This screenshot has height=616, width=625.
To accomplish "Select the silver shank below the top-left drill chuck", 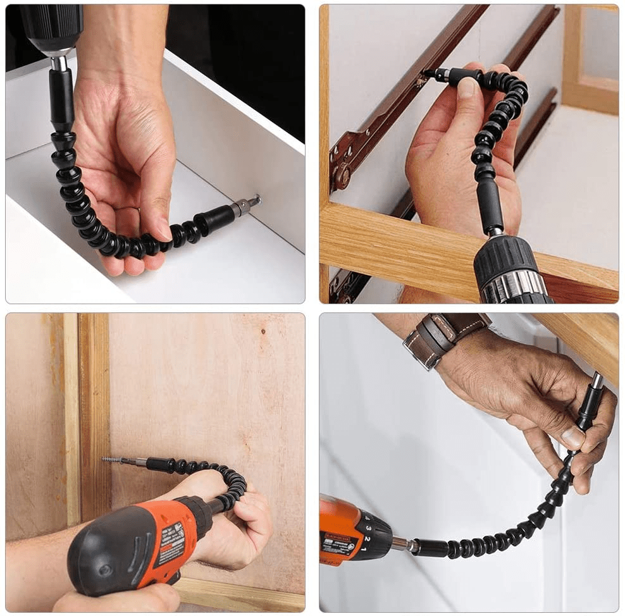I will pyautogui.click(x=59, y=64).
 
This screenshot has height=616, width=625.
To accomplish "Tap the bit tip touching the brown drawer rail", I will pyautogui.click(x=428, y=74).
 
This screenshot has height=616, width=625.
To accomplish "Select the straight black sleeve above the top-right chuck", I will pyautogui.click(x=491, y=208).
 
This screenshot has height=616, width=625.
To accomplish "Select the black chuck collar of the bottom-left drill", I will pyautogui.click(x=197, y=515).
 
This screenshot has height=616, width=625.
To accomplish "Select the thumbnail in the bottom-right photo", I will pyautogui.click(x=572, y=436).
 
